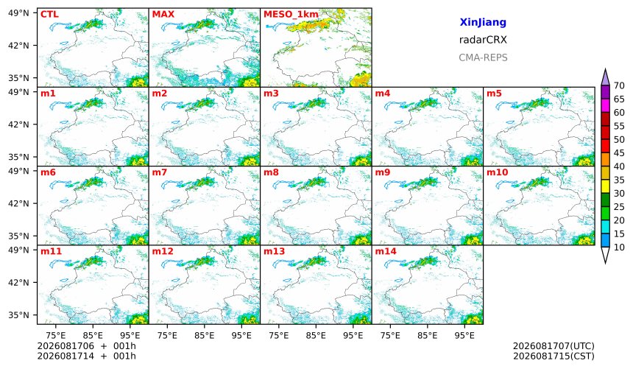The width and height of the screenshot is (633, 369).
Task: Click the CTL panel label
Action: tap(49, 15)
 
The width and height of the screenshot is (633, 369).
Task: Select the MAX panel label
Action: tap(163, 15)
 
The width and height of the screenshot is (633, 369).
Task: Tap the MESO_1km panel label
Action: tap(291, 15)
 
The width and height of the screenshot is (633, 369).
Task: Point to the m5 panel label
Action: tap(494, 94)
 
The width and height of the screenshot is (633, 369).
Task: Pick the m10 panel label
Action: tap(498, 172)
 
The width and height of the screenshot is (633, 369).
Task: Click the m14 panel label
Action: tap(386, 251)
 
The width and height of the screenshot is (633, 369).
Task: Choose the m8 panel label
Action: tap(272, 172)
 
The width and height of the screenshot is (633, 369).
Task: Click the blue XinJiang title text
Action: tap(483, 22)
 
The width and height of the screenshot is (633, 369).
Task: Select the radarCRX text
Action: tap(483, 40)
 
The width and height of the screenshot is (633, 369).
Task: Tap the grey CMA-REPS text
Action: tap(483, 57)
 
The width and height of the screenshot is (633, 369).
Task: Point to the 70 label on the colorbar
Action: tap(619, 85)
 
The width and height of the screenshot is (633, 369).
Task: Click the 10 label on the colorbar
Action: tap(619, 247)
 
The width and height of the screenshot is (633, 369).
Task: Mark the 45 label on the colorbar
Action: tap(619, 153)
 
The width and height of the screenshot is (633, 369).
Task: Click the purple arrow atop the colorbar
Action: tap(605, 77)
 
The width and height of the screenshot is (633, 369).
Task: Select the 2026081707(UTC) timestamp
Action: tap(554, 346)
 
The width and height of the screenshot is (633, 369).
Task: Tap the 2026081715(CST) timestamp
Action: tap(554, 356)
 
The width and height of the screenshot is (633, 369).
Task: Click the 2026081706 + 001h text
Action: tap(86, 346)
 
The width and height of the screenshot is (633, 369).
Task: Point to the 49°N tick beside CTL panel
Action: tap(18, 13)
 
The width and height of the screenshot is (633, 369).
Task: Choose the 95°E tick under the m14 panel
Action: tap(464, 335)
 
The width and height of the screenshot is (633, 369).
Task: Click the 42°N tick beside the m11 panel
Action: tap(18, 283)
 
